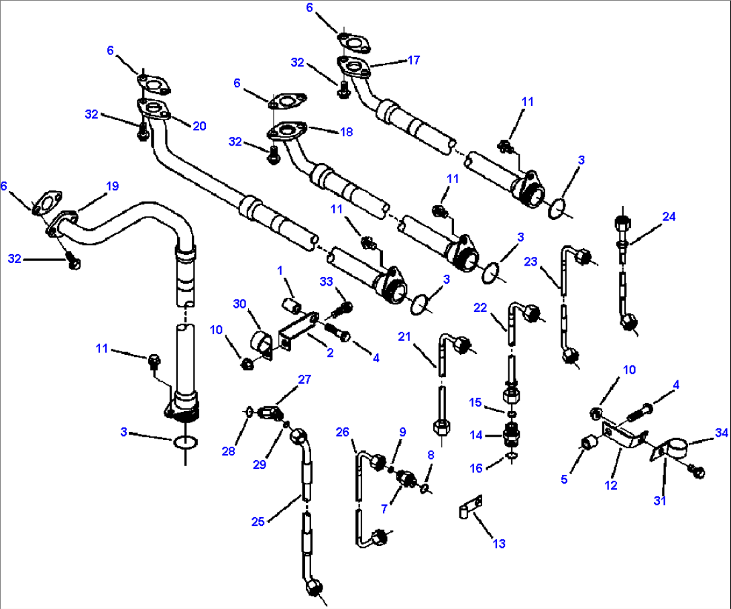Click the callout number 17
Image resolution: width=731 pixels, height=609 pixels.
pos(413,60)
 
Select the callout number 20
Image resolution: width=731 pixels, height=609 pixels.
pos(199,125)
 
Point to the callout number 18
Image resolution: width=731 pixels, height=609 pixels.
pos(345,132)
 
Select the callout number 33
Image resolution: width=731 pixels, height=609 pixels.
pos(327,283)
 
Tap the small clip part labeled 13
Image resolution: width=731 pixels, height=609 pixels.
pos(471,508)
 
